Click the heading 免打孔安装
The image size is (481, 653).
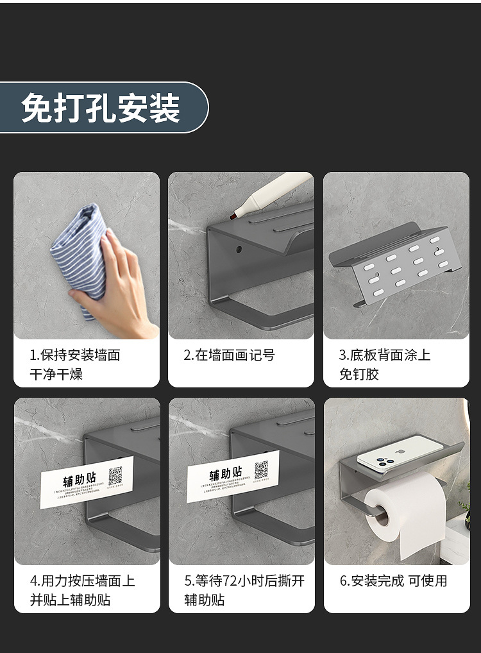[x=101, y=108]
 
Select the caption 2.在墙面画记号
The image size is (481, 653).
[x=229, y=355]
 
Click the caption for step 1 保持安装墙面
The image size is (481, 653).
[x=74, y=355]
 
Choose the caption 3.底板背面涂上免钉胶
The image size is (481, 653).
[x=384, y=364]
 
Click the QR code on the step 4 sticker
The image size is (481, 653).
[x=115, y=475]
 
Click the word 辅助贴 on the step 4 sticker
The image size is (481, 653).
[x=80, y=480]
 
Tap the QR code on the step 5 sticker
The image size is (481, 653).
[x=261, y=470]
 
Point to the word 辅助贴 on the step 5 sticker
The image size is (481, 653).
[x=226, y=475]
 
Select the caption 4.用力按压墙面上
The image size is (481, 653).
[x=82, y=581]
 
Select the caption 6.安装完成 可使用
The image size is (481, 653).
[x=393, y=581]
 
